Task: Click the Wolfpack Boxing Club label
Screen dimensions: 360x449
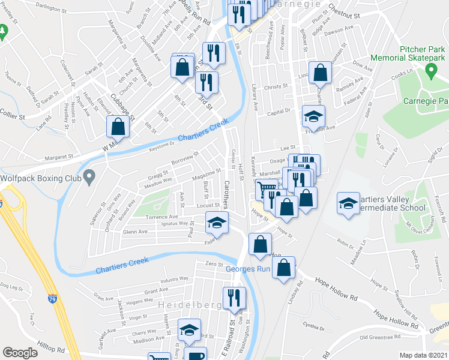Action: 41,178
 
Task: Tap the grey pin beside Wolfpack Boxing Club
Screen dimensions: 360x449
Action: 89,177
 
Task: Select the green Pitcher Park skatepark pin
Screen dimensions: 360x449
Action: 430,71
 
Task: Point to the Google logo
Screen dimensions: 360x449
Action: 20,353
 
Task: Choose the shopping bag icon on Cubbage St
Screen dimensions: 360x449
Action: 118,127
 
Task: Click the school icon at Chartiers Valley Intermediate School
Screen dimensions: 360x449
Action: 348,203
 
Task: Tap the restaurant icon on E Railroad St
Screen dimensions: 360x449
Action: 233,297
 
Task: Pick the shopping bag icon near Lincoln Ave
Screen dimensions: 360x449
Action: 321,72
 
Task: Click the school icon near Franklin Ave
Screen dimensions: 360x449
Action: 313,116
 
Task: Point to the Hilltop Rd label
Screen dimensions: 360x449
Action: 50,348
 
